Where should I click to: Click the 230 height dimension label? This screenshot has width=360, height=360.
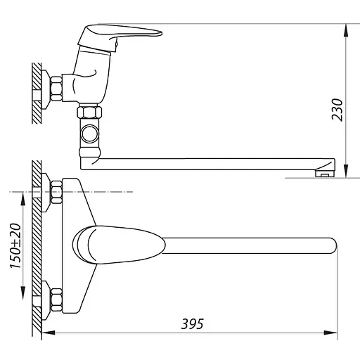[x=337, y=110]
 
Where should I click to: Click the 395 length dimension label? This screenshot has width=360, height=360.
[x=193, y=324]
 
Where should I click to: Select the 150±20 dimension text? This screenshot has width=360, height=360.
[x=15, y=246]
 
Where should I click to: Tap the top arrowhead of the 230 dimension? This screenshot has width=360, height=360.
[x=346, y=30]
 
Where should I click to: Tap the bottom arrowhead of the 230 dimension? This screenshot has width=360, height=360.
[x=346, y=171]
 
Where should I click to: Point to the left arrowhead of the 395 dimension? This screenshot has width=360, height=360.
[x=49, y=333]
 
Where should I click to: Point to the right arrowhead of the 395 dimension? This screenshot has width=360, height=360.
[x=330, y=333]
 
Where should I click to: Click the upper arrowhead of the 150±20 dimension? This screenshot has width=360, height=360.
[x=22, y=198]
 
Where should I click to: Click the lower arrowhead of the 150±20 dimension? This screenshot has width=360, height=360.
[x=22, y=293]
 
